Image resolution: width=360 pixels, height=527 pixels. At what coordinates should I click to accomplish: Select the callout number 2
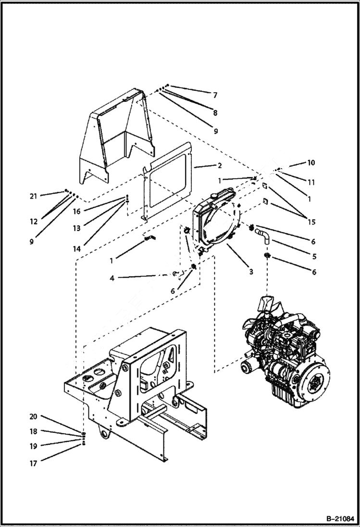point(220,166)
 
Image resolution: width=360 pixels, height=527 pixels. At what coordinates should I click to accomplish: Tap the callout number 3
point(251,272)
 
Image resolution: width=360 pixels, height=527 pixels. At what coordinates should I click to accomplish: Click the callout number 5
point(313,257)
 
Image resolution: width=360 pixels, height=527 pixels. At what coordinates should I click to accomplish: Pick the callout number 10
point(311,163)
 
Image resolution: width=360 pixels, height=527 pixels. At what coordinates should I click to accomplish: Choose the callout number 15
point(312,222)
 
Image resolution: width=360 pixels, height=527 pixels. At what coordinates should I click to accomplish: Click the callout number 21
point(33,196)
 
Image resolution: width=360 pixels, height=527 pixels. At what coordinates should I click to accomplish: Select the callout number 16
point(77,211)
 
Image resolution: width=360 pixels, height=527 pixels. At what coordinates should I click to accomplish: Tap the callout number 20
point(33,417)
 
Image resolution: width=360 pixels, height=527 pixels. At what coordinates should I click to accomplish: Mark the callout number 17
point(33,464)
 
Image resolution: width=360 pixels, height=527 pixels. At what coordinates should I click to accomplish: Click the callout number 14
point(77,249)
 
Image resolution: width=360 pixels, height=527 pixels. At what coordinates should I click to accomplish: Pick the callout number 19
point(33,446)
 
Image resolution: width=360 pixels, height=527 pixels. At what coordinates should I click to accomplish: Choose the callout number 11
point(311,183)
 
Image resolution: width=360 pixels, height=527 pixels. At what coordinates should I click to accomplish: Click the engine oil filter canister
point(250,369)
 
